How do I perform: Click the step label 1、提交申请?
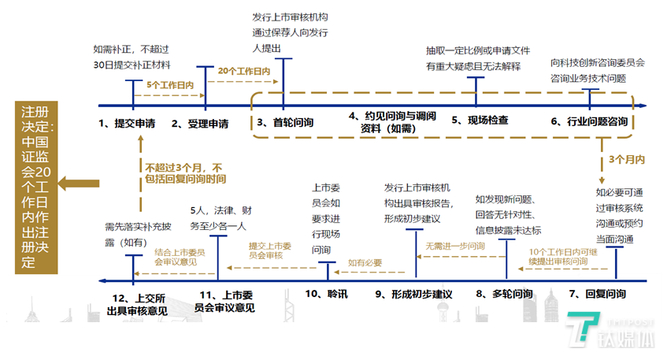[127, 123]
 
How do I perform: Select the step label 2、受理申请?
[200, 123]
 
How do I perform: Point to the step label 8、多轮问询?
[504, 294]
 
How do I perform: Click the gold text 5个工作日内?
[170, 84]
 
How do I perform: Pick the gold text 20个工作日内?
[244, 71]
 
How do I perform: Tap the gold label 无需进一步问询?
[455, 246]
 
